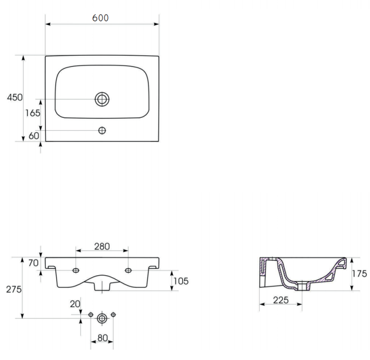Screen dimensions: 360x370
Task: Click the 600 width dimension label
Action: click(x=101, y=18)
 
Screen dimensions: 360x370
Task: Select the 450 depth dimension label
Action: click(x=14, y=98)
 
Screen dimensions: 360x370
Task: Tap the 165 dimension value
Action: click(x=33, y=113)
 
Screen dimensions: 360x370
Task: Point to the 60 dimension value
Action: click(x=34, y=136)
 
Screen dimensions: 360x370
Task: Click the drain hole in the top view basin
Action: click(x=102, y=99)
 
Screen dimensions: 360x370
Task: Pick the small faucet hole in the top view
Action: click(x=102, y=130)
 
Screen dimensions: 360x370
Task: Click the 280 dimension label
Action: click(x=102, y=246)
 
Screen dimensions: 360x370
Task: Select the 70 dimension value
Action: click(x=33, y=263)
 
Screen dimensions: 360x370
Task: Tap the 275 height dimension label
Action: click(x=13, y=289)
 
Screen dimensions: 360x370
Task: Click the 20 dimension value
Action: click(x=74, y=304)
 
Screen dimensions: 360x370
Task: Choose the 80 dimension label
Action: click(x=102, y=339)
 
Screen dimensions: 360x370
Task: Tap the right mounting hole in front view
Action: click(x=128, y=270)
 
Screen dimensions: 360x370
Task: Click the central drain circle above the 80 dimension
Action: click(x=102, y=318)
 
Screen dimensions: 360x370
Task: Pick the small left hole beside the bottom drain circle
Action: click(x=91, y=315)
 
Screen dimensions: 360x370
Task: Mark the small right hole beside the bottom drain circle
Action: click(x=113, y=315)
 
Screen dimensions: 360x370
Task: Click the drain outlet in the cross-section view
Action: click(x=301, y=286)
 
